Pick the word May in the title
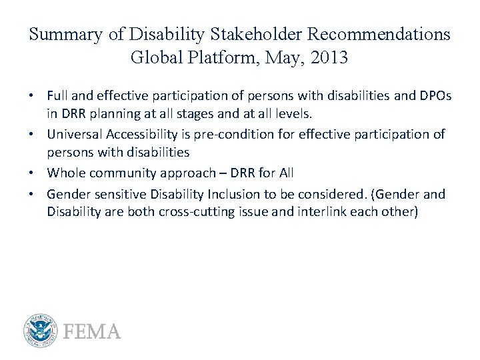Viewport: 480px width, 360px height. pos(275,58)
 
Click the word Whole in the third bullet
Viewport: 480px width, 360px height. pos(64,173)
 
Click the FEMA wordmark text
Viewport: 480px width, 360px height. pos(92,331)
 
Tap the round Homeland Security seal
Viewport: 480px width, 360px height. pos(41,331)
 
